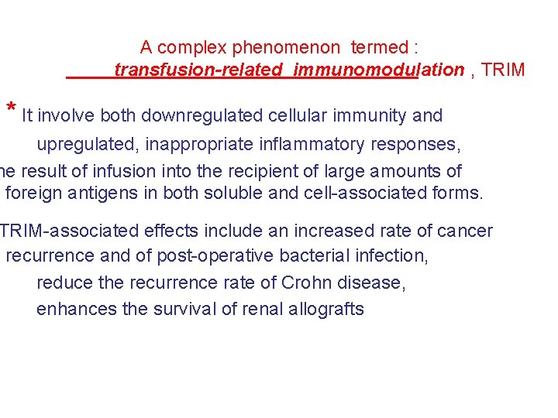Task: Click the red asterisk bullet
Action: (12, 108)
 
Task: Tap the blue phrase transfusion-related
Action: (198, 70)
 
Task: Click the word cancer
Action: (466, 231)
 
